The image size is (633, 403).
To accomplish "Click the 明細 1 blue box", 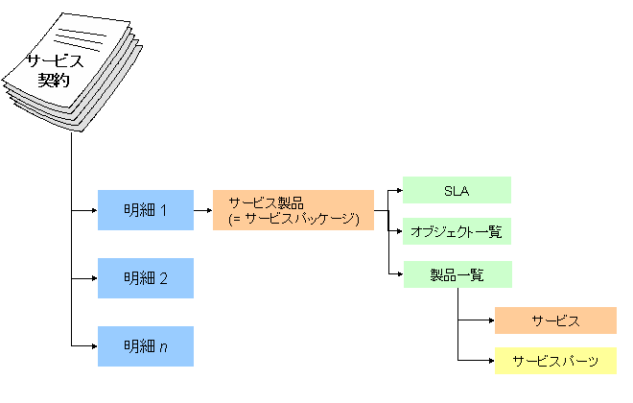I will (145, 210).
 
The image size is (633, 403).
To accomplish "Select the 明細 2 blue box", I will (145, 278).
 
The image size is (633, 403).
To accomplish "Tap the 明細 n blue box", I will (145, 345).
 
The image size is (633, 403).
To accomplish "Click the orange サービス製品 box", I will (293, 210).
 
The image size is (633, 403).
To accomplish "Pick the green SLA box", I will (457, 190).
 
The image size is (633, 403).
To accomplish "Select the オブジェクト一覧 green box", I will (457, 231).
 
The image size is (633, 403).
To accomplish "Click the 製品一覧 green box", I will (457, 274).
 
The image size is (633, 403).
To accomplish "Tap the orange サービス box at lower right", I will (555, 320).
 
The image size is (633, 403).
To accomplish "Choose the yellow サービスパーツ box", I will (555, 361).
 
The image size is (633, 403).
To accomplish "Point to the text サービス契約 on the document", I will (55, 70).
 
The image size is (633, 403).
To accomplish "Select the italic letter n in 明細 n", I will (163, 346).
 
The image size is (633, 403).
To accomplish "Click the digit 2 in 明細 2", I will (163, 278).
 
